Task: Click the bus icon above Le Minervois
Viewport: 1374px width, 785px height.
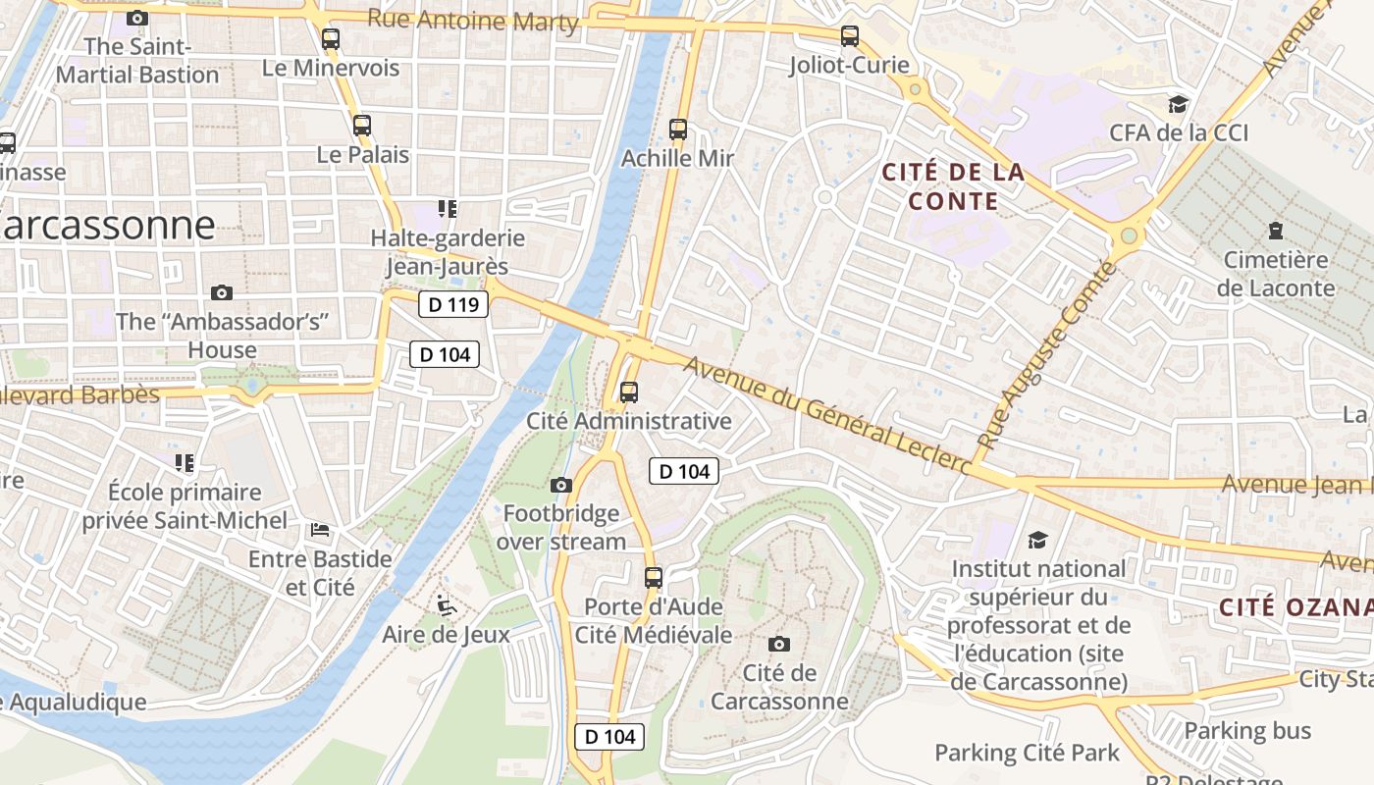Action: click(x=331, y=39)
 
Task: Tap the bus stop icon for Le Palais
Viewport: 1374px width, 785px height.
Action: click(x=362, y=126)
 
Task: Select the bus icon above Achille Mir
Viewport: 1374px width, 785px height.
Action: click(x=677, y=129)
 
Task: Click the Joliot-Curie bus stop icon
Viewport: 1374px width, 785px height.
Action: click(x=850, y=36)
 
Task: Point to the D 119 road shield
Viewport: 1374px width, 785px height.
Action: click(x=453, y=304)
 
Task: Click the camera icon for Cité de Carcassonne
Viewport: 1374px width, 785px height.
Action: click(x=779, y=644)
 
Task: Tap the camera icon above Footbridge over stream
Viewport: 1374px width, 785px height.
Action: click(x=561, y=485)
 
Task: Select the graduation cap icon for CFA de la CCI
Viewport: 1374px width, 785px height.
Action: click(x=1178, y=104)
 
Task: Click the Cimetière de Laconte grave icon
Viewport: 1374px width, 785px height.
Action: click(x=1276, y=232)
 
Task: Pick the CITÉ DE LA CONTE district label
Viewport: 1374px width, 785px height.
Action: click(x=953, y=186)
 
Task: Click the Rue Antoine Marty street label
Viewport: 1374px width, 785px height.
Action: click(x=472, y=20)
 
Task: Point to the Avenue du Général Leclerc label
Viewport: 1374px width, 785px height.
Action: click(x=829, y=417)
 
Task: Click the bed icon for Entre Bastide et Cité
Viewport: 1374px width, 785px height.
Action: click(x=320, y=530)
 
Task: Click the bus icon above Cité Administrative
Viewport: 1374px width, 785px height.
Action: click(x=629, y=392)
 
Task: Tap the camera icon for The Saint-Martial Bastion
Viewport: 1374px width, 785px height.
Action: click(x=137, y=18)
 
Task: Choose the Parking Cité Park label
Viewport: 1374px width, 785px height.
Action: click(x=1027, y=753)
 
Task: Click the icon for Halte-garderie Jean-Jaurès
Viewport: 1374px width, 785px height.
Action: click(x=448, y=209)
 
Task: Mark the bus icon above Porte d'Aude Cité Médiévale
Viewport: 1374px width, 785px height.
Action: click(x=654, y=578)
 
